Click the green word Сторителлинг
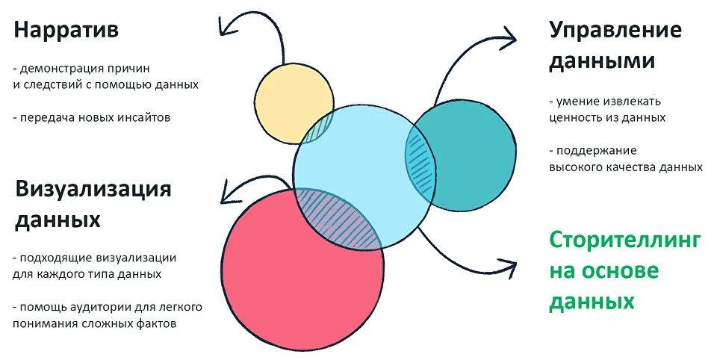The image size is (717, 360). click(x=625, y=240)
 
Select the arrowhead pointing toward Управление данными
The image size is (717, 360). click(x=510, y=34)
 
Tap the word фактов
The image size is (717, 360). click(x=159, y=323)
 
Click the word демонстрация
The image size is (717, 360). click(x=59, y=68)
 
